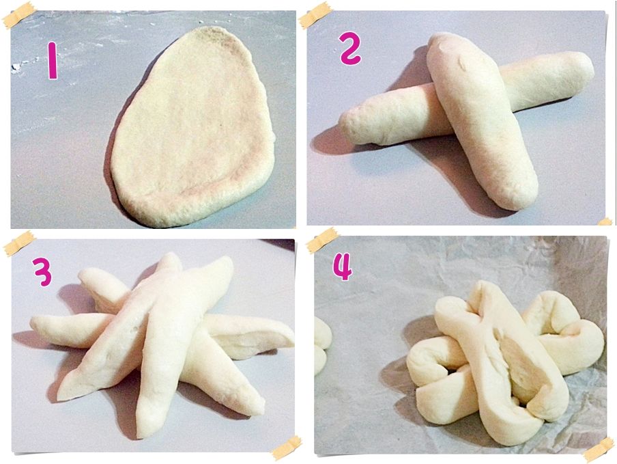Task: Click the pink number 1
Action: [53, 61]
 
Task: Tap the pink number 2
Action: [350, 49]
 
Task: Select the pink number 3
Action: [42, 272]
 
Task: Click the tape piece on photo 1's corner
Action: [18, 16]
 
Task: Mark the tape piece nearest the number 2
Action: [315, 16]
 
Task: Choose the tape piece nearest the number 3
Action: [20, 243]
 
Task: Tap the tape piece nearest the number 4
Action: [323, 241]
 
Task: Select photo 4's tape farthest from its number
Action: [599, 450]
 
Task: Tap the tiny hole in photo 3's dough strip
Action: [136, 328]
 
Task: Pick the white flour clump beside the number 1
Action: [16, 67]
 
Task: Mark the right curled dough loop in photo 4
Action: [566, 335]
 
